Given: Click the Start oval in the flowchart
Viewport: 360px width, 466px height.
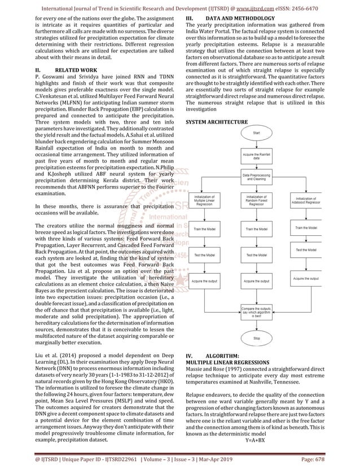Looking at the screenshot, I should (256, 133).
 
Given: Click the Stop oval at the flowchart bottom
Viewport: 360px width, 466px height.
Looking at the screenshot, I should (256, 338).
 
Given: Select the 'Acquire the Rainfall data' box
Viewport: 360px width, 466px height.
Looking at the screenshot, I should (256, 156).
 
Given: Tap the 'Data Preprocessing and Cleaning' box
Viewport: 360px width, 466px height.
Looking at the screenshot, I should (256, 177).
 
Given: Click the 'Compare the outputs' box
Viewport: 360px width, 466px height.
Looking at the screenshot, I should (256, 312).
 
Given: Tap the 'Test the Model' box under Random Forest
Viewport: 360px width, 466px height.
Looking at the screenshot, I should (256, 255).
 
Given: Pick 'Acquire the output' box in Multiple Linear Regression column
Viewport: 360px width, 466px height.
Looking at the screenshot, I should (203, 281).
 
